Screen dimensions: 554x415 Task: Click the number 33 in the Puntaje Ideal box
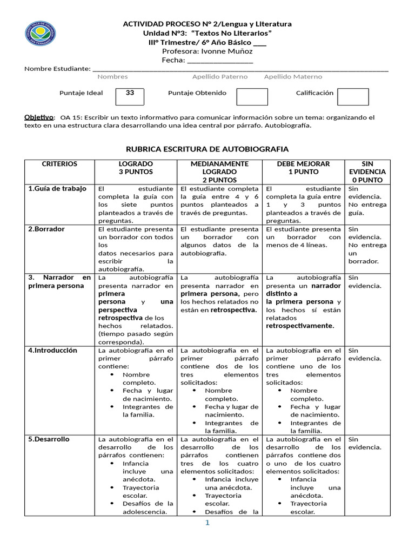[x=130, y=93]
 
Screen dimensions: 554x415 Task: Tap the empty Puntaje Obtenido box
[x=252, y=96]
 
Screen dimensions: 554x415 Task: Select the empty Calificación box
[x=352, y=96]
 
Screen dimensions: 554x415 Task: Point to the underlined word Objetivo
[x=39, y=117]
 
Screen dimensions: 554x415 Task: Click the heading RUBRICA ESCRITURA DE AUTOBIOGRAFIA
[x=207, y=149]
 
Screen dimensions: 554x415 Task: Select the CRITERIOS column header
[x=59, y=164]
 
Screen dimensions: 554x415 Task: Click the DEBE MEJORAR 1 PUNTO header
[x=303, y=168]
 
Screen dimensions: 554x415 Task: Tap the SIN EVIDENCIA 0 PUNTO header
[x=367, y=172]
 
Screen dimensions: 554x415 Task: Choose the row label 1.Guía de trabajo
[x=57, y=189]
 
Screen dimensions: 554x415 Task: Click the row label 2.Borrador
[x=46, y=229]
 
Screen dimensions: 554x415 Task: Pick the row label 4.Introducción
[x=53, y=350]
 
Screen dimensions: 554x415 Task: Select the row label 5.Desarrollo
[x=49, y=439]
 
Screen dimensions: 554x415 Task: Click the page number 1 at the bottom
[x=206, y=523]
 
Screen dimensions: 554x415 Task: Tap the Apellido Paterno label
[x=220, y=77]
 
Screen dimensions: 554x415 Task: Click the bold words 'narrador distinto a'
[x=303, y=289]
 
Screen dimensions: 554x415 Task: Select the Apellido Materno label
[x=293, y=77]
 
